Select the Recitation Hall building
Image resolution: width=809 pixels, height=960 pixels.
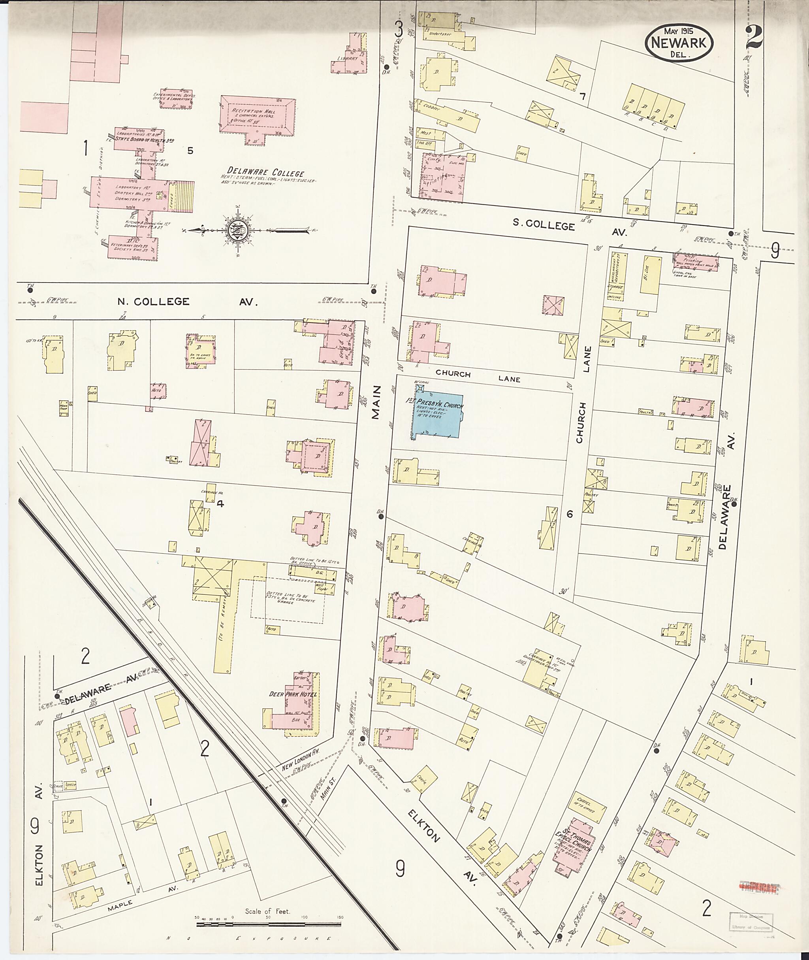coord(257,117)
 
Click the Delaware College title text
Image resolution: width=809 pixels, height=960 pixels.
coord(268,173)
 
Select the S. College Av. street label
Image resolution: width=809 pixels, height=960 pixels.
coord(569,226)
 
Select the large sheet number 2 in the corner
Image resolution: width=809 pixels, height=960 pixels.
coord(754,37)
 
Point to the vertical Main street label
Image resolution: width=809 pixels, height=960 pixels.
coord(376,402)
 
